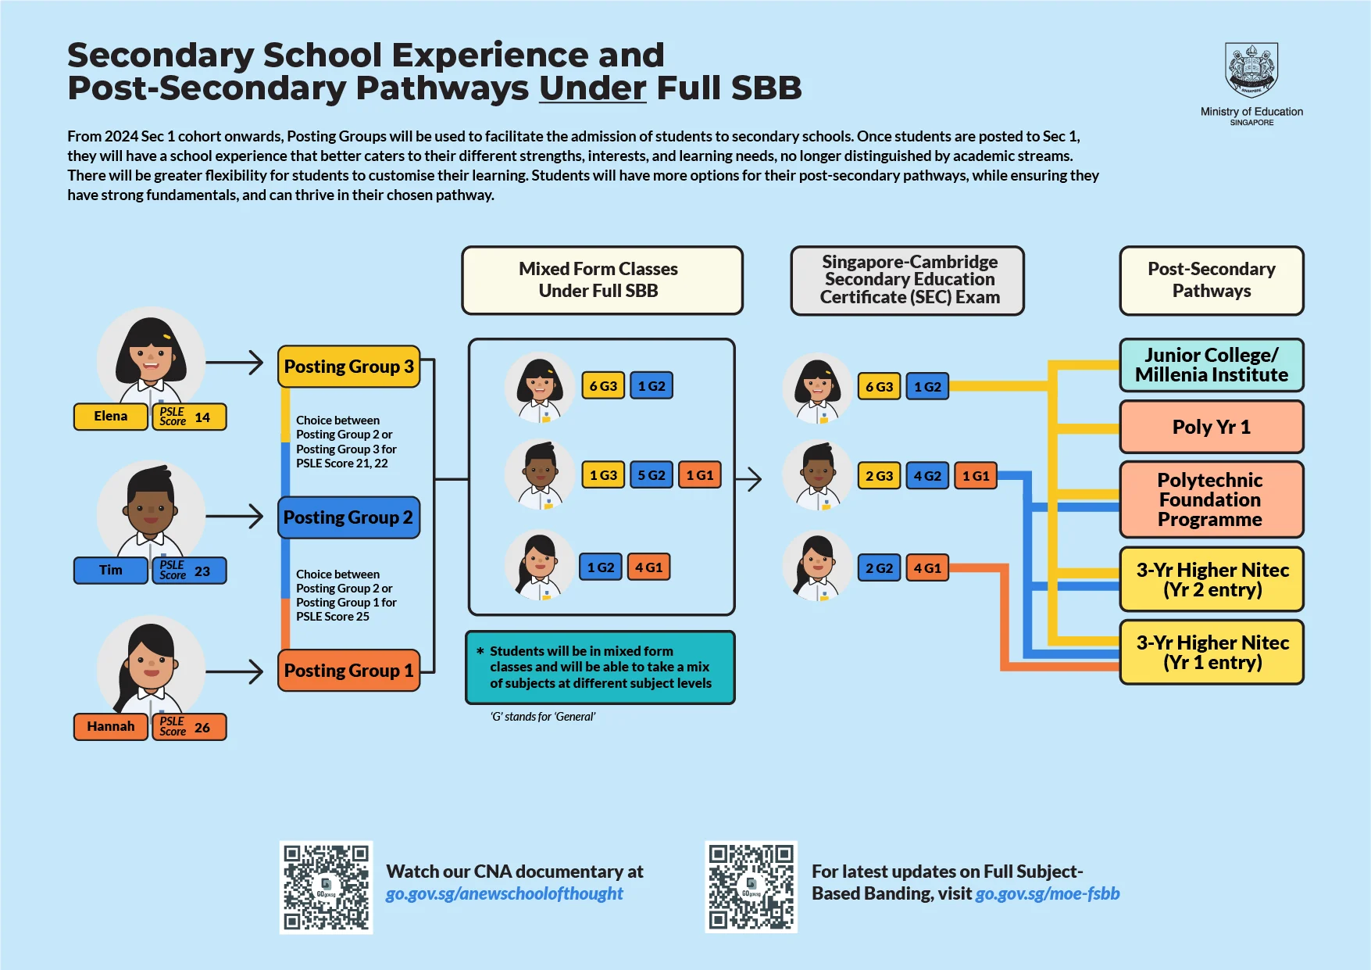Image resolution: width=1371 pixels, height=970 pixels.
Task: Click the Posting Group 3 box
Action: (x=348, y=367)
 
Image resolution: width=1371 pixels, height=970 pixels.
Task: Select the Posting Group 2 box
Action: (x=348, y=517)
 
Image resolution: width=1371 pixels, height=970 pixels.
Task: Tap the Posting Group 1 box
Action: (x=348, y=671)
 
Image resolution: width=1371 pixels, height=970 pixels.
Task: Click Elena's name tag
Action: (x=111, y=417)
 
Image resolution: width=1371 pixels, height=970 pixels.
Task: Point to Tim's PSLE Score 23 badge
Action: (x=189, y=571)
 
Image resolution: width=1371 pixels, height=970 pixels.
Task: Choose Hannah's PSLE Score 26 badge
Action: (x=189, y=727)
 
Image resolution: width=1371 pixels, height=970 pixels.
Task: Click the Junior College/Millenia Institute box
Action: (x=1211, y=365)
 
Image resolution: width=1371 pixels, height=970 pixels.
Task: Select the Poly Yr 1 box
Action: (x=1211, y=427)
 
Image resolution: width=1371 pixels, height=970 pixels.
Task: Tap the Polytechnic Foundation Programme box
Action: (x=1211, y=499)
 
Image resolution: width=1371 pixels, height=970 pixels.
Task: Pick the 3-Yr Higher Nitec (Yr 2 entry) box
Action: (x=1211, y=579)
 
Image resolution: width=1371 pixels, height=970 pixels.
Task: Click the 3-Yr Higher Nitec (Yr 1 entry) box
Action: (x=1211, y=652)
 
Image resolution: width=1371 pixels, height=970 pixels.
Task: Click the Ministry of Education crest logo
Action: (x=1251, y=70)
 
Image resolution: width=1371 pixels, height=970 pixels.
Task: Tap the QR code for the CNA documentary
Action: (x=326, y=887)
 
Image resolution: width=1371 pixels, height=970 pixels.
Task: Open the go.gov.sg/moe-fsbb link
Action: (x=1048, y=893)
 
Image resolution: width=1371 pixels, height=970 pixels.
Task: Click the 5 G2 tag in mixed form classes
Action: (x=651, y=475)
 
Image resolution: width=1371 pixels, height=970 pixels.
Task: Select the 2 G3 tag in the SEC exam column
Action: (x=879, y=476)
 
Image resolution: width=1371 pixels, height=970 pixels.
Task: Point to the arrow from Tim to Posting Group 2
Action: (x=235, y=516)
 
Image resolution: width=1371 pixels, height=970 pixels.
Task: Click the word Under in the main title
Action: (x=592, y=88)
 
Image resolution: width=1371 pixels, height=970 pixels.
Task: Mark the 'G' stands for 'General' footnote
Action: (x=543, y=717)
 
